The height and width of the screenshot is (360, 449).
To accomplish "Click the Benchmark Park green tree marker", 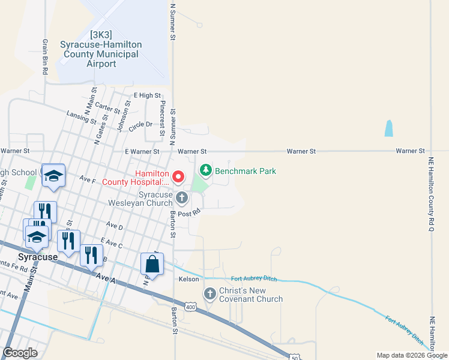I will [x=206, y=171].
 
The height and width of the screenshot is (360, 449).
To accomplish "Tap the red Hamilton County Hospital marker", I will [x=178, y=176].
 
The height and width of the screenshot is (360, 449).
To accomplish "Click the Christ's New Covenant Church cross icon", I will [x=209, y=293].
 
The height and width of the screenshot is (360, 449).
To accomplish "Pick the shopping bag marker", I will [x=152, y=264].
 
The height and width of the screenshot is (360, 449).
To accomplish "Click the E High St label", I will [x=147, y=95].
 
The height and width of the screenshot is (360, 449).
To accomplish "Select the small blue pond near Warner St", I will [x=388, y=128].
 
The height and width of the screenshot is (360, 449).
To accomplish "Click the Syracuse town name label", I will [x=37, y=257].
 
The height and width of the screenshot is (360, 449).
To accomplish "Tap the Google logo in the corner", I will [x=20, y=353].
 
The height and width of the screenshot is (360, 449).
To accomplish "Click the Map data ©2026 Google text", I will [x=412, y=355].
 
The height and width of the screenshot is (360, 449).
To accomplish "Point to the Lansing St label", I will [x=82, y=117].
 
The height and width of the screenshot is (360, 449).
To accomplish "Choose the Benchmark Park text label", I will [x=246, y=171].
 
